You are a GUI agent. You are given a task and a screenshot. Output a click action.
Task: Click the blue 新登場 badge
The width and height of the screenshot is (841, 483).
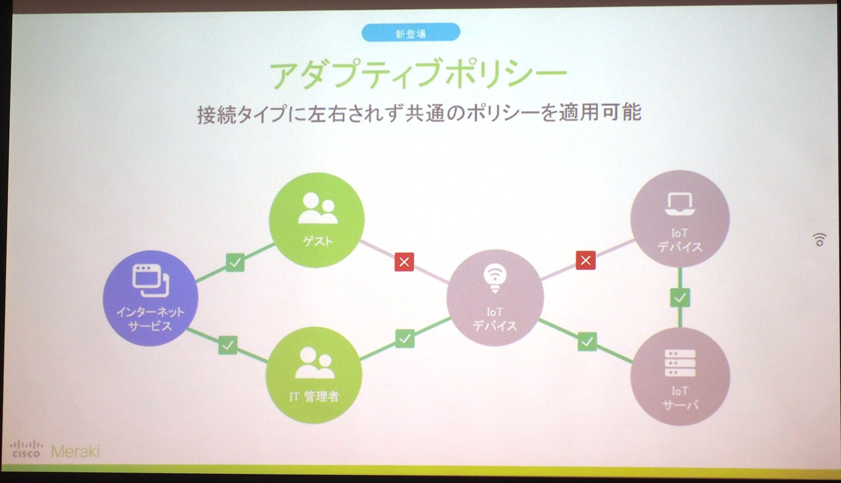click(x=411, y=33)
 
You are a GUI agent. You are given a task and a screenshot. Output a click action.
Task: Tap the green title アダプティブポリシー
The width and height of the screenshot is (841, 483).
click(x=418, y=75)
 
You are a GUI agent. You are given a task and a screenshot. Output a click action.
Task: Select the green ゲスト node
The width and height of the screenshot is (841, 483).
click(x=317, y=220)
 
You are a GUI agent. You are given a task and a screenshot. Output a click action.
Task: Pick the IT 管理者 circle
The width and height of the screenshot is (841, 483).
click(x=313, y=375)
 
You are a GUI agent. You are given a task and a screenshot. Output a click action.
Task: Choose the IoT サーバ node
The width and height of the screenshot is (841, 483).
click(x=680, y=375)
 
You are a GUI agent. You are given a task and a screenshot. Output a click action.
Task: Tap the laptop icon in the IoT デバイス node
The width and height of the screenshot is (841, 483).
click(x=679, y=204)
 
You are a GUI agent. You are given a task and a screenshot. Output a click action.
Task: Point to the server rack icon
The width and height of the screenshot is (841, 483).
click(x=680, y=362)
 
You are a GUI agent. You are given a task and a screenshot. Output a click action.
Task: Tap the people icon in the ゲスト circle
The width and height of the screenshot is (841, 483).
click(x=317, y=209)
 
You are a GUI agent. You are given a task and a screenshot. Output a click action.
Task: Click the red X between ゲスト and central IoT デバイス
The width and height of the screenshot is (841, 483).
click(x=404, y=262)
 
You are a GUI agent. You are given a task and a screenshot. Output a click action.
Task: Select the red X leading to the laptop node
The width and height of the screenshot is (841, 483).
click(x=585, y=261)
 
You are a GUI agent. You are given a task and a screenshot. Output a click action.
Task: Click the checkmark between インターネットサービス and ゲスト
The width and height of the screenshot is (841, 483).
click(x=235, y=262)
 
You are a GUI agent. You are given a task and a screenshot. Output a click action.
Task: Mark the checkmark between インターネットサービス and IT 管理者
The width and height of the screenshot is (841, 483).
click(x=227, y=344)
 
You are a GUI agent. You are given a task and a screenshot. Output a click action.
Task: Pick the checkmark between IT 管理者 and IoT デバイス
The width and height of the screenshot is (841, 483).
click(x=405, y=339)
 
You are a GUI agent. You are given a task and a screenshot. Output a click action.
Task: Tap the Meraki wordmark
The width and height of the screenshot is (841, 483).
click(x=75, y=451)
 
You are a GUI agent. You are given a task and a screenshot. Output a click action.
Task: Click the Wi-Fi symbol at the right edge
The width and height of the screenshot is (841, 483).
click(x=819, y=240)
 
